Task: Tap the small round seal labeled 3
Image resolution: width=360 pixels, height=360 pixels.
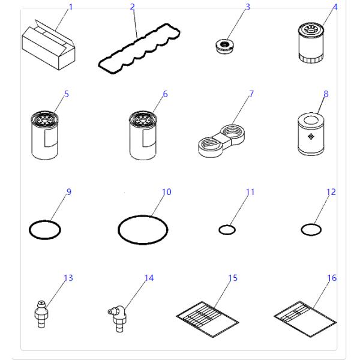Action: pos(224,45)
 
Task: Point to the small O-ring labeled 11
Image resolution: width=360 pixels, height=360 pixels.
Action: pos(226,230)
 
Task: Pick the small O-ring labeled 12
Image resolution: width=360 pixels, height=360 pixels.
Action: pos(310,229)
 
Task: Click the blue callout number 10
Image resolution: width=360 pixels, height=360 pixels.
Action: pos(167,192)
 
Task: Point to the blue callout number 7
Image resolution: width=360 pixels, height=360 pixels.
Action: pos(251,94)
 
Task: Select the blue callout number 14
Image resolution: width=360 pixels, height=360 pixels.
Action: pos(149,278)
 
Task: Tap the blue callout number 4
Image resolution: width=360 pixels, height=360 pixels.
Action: pos(335,7)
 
